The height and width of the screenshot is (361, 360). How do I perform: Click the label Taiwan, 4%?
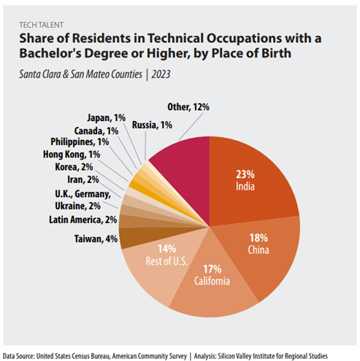pyautogui.click(x=96, y=239)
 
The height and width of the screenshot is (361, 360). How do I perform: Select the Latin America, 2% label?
pyautogui.click(x=83, y=220)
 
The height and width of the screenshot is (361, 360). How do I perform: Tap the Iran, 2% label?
pyautogui.click(x=83, y=179)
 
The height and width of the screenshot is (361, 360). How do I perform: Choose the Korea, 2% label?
pyautogui.click(x=74, y=167)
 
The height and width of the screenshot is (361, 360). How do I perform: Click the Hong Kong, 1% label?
pyautogui.click(x=72, y=155)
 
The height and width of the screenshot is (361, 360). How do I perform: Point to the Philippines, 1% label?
pyautogui.click(x=80, y=141)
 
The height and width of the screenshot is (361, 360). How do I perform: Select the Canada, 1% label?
pyautogui.click(x=96, y=131)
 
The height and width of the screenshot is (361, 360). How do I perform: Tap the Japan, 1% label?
pyautogui.click(x=107, y=118)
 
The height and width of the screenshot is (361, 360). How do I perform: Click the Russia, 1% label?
pyautogui.click(x=152, y=125)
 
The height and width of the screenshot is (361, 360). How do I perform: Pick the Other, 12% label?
pyautogui.click(x=188, y=107)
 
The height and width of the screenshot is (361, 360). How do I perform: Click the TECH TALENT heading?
pyautogui.click(x=42, y=25)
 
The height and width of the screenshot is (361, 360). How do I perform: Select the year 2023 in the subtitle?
pyautogui.click(x=161, y=74)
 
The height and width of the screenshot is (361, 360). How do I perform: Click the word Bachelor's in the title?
pyautogui.click(x=50, y=53)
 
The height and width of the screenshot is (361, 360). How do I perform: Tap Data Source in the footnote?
pyautogui.click(x=18, y=356)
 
